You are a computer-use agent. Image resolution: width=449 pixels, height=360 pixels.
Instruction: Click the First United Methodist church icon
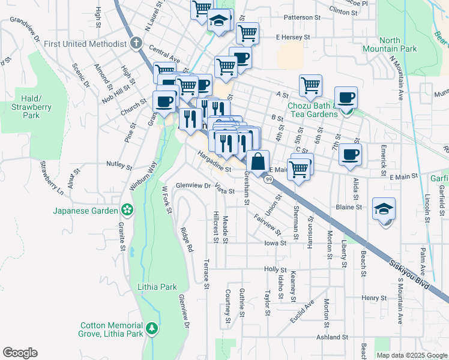coord(136,44)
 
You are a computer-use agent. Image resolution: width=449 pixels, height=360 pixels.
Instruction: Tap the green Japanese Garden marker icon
coord(127,210)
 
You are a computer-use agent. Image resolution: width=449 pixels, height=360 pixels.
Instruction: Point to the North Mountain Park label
coord(381,45)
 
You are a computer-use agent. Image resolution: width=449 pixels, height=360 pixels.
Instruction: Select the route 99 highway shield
coord(268,179)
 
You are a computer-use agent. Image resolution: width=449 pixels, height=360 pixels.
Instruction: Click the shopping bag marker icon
coord(258,162)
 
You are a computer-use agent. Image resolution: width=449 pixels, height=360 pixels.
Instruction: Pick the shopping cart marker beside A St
coord(310,85)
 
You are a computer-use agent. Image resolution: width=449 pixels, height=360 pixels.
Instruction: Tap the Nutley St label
coord(119,164)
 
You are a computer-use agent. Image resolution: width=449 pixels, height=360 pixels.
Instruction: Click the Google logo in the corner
coord(20,353)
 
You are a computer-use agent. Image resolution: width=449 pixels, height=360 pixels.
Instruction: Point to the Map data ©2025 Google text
coord(411,355)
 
